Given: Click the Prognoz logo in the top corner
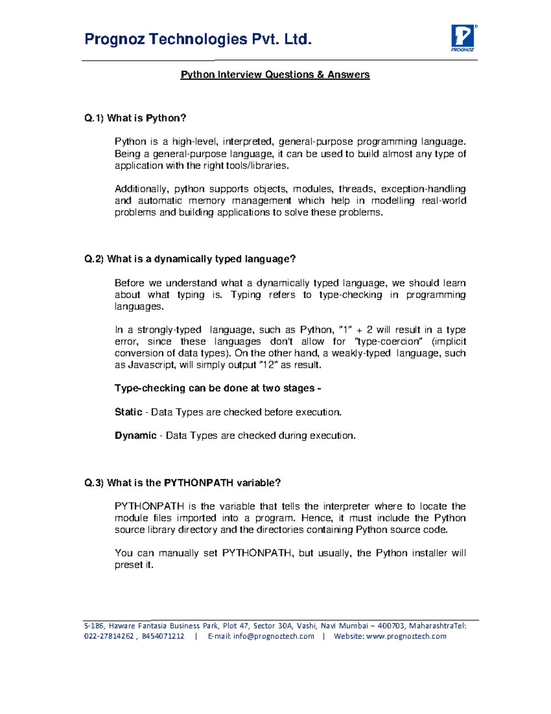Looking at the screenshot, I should pos(463,38).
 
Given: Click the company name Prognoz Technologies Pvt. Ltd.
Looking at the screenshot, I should pos(198,40).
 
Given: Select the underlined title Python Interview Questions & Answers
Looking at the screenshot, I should pos(275,74).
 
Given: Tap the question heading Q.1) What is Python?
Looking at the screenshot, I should pos(135,118).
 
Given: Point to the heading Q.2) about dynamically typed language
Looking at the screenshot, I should pos(190,259).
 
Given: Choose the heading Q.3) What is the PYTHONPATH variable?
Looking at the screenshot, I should pos(182,483).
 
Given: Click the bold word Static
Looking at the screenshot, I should pos(128,412).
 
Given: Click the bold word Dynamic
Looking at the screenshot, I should pos(135,435).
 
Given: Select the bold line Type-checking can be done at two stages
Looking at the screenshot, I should pos(217,388).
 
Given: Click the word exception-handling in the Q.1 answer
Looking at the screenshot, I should pos(423,189).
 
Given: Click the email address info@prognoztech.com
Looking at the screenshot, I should pos(274,636).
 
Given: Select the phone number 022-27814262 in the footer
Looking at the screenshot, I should pos(109,636).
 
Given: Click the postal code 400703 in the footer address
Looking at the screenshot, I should pos(391,626).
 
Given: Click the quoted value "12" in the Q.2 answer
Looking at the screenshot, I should pos(268,365).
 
